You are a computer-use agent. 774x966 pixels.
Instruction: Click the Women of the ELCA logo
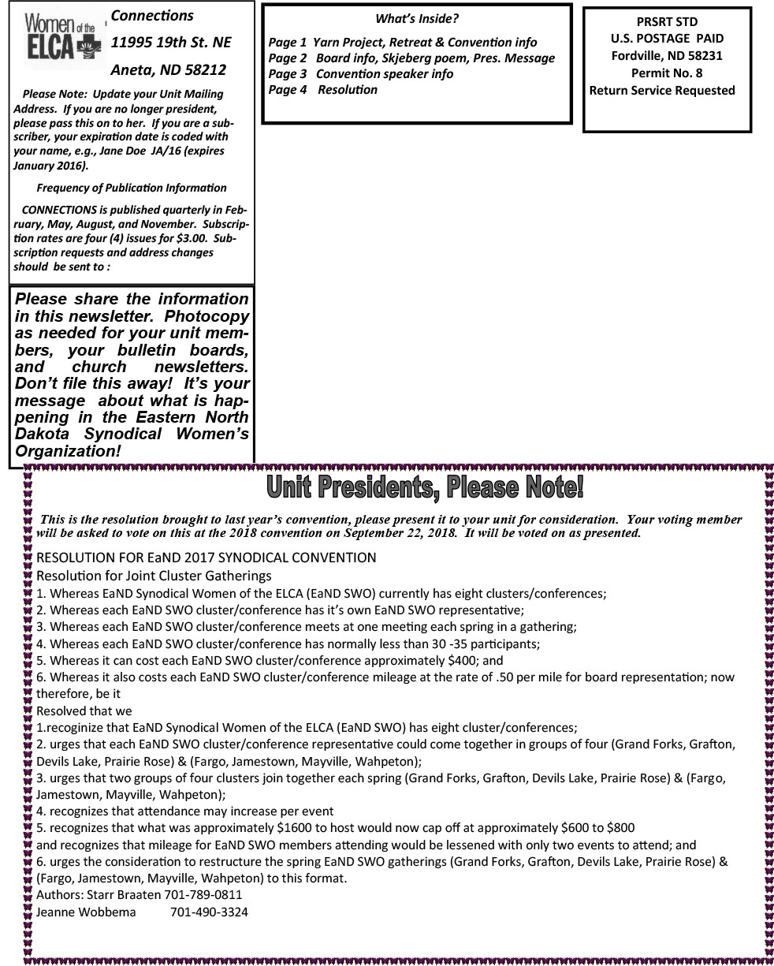tap(59, 37)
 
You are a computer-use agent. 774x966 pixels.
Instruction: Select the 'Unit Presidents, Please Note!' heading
tap(425, 487)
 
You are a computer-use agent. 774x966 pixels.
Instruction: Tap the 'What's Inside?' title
tap(416, 19)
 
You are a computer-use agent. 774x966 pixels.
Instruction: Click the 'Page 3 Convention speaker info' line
tap(361, 73)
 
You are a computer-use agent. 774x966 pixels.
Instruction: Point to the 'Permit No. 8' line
tap(667, 73)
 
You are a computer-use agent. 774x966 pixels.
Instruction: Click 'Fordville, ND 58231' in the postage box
tap(667, 55)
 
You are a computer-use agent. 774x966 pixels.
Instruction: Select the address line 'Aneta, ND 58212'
tap(169, 69)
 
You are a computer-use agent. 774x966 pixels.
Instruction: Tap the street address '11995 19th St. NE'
tap(171, 42)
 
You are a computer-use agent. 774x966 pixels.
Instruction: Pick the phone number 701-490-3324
tap(209, 912)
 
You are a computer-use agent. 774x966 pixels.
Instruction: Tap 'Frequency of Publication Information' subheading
tap(132, 188)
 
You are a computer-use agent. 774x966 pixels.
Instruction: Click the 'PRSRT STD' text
tap(667, 21)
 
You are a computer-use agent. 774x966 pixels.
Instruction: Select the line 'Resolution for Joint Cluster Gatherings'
tap(154, 576)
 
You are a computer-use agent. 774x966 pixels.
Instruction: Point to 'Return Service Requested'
tap(662, 90)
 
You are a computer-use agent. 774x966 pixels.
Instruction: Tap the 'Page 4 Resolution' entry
tap(323, 90)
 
